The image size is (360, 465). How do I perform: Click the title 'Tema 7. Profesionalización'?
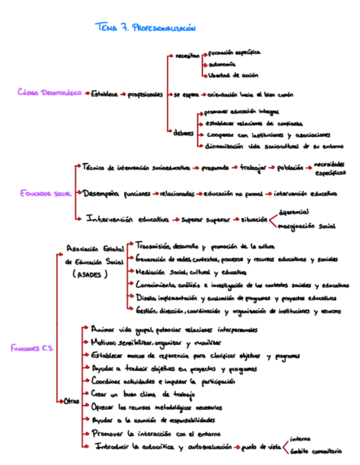point(145,28)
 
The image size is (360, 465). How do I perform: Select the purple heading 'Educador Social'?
point(45,193)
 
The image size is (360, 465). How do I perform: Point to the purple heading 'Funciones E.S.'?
point(32,348)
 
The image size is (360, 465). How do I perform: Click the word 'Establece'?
point(104,94)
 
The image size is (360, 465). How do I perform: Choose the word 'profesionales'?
point(145,94)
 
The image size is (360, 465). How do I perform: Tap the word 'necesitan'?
point(187,56)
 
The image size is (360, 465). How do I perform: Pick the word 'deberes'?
point(183,133)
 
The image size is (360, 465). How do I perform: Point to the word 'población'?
point(290,168)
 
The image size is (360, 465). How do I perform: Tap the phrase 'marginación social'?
point(306,225)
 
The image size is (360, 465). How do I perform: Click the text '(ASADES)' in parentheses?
point(90,274)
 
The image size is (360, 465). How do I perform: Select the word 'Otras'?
point(71,402)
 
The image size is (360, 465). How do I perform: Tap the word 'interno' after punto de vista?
point(301,439)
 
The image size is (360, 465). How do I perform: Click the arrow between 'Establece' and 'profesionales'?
point(122,94)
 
